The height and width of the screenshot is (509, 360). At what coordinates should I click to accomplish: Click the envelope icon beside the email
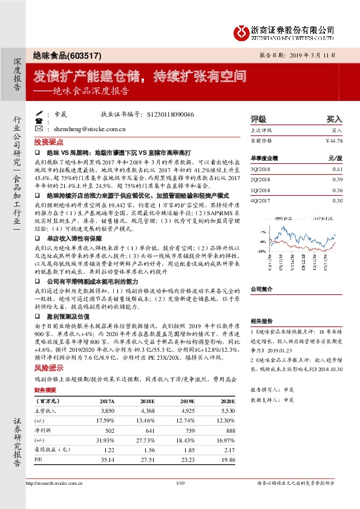pyautogui.click(x=39, y=128)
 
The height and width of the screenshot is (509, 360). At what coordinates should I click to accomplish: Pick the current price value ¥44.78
pyautogui.click(x=333, y=140)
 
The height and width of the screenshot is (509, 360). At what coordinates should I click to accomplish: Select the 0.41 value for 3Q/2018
pyautogui.click(x=337, y=170)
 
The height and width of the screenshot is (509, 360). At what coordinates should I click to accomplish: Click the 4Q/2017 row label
pyautogui.click(x=261, y=200)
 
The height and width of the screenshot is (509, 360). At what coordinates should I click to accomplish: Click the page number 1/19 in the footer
pyautogui.click(x=179, y=483)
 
